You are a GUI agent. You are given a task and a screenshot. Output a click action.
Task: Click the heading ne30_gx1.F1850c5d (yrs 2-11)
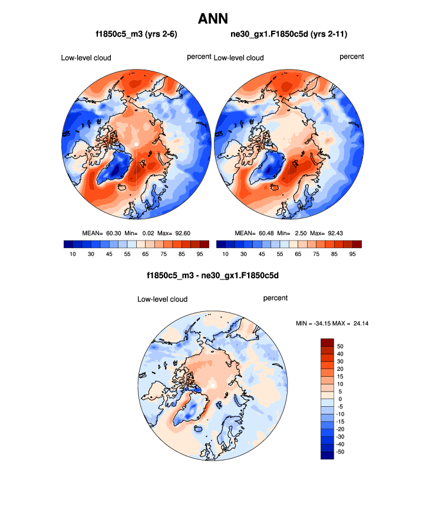289,35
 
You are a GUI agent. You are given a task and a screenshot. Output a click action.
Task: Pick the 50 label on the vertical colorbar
340,346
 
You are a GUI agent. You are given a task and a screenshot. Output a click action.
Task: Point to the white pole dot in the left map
136,143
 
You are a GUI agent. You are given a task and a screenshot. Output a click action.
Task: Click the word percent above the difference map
275,298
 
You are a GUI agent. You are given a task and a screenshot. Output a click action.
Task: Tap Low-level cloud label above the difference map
162,299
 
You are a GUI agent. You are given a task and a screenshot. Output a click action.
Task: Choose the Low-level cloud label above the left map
86,58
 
